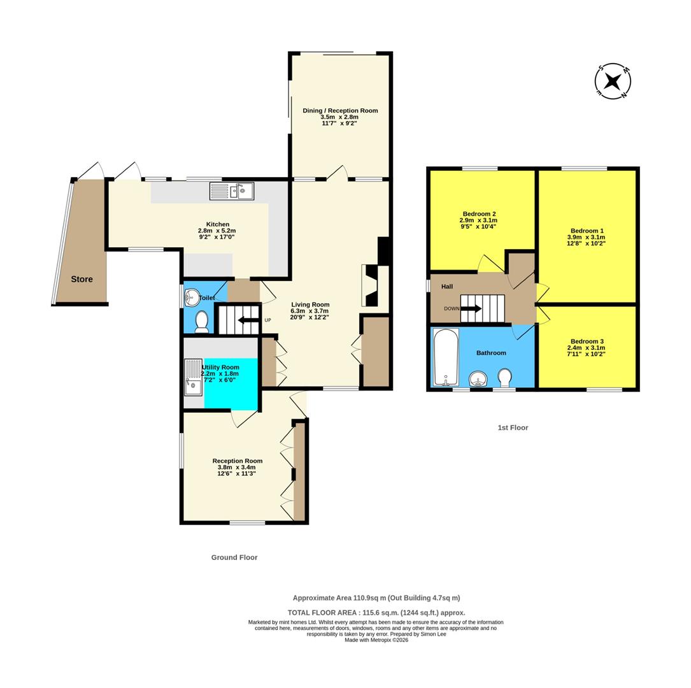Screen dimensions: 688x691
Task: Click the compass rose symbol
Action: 613,82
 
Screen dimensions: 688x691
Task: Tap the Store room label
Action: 82,279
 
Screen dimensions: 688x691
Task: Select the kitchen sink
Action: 232,190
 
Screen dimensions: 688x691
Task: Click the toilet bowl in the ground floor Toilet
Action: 202,322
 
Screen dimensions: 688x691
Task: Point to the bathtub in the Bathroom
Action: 445,357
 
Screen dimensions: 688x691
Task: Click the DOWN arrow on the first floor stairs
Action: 471,308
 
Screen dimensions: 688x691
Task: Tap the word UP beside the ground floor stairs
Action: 267,320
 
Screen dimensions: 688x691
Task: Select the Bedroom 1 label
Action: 587,231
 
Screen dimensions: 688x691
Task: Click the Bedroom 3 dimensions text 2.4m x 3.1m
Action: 587,347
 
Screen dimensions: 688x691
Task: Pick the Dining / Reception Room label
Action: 340,110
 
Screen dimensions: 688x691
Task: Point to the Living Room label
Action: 310,305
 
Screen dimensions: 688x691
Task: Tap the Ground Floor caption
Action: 234,557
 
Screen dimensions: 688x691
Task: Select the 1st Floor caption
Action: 513,427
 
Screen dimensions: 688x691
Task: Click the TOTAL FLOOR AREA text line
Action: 376,612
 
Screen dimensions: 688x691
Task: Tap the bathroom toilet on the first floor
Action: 505,377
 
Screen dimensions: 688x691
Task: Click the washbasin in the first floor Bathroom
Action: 478,380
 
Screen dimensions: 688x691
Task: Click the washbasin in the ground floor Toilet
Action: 192,297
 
